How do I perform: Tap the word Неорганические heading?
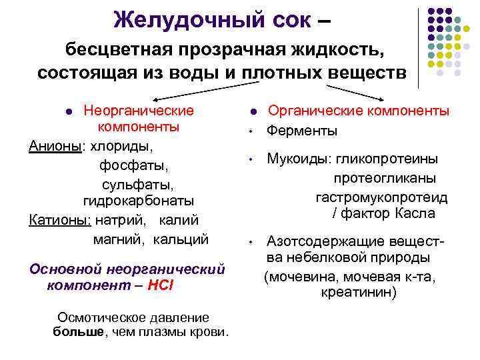pos(138,111)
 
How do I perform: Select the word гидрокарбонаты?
pos(139,201)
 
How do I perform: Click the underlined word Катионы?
pos(61,219)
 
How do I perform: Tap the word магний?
pos(117,238)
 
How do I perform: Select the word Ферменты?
pos(302,131)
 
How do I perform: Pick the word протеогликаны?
pos(385,178)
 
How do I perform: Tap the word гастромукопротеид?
pos(381,197)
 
